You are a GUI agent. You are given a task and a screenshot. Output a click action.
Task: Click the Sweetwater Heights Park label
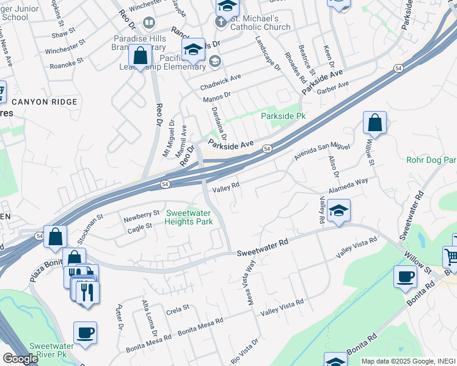click(189, 217)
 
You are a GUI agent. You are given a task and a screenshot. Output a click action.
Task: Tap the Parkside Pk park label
click(283, 116)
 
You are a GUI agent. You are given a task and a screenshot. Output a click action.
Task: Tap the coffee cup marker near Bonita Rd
click(405, 276)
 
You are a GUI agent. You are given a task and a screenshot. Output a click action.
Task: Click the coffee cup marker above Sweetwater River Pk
click(85, 332)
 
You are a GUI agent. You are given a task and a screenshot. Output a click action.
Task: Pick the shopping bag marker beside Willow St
click(375, 122)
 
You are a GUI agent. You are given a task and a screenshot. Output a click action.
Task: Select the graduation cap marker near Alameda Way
click(338, 210)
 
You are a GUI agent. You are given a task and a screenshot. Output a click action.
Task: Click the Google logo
click(20, 359)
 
